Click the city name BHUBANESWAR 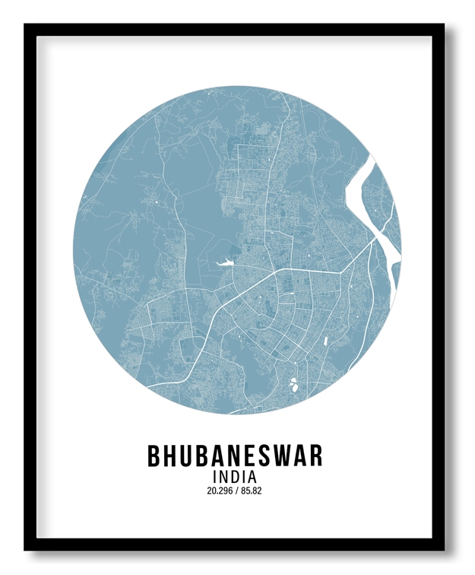(x=235, y=456)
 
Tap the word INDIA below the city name (x=235, y=476)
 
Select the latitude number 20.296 (x=219, y=491)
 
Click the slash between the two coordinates (x=236, y=491)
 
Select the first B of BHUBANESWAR (x=155, y=456)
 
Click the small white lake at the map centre (x=225, y=264)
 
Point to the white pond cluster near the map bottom (x=293, y=384)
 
